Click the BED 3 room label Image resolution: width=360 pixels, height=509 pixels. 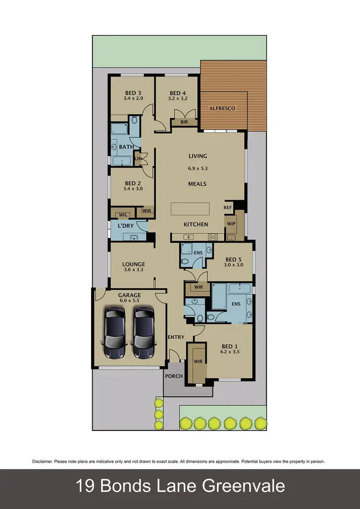[x=133, y=93]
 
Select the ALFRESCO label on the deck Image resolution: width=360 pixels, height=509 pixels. [x=222, y=108]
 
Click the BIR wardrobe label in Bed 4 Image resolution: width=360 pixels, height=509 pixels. [x=184, y=122]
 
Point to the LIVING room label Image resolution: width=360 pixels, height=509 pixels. [x=198, y=156]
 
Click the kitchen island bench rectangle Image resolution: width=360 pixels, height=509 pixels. [x=191, y=209]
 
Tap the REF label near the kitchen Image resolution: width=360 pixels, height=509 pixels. [x=228, y=207]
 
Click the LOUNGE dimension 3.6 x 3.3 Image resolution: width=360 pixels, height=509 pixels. [x=133, y=270]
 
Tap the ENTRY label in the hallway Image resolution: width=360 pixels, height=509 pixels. [x=176, y=337]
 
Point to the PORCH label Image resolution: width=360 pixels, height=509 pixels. [x=174, y=376]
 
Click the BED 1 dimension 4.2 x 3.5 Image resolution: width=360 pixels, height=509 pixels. [x=229, y=352]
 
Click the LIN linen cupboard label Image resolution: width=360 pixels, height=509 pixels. [x=138, y=159]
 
